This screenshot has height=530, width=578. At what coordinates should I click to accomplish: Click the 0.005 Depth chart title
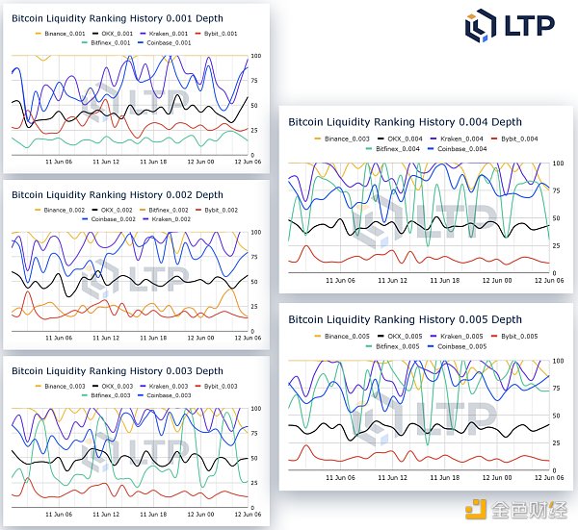coord(405,319)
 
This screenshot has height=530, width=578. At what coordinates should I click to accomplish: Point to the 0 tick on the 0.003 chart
coord(253,508)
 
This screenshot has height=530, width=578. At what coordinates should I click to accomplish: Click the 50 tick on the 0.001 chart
coord(254,104)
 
